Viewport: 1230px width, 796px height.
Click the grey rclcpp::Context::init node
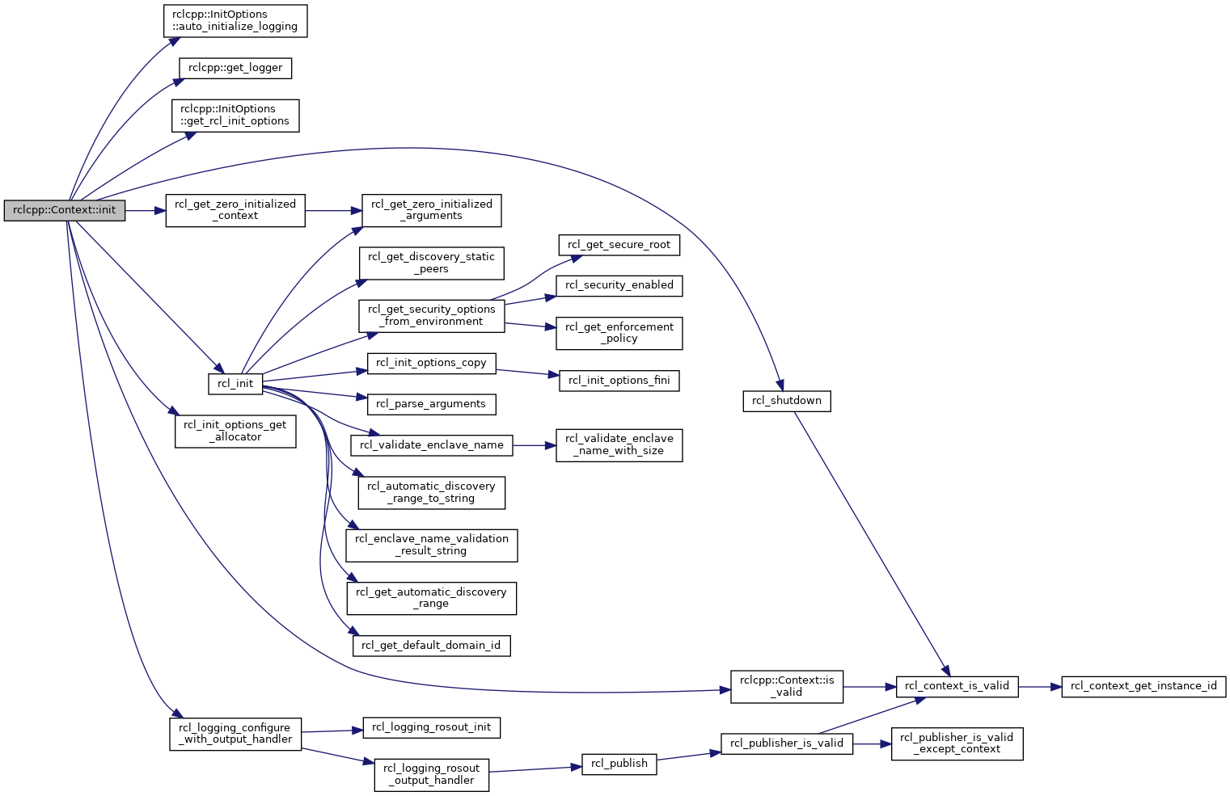pos(64,211)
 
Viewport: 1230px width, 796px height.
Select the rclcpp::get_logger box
pos(235,68)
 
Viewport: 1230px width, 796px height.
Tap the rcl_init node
pos(235,384)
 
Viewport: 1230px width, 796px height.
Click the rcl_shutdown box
pos(786,401)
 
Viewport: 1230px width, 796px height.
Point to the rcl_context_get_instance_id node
pos(1143,686)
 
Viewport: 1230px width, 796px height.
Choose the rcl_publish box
pos(619,764)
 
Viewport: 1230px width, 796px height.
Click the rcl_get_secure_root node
pos(619,245)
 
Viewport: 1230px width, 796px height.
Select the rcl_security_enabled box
pos(619,286)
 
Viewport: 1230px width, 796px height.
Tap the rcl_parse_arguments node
pos(431,404)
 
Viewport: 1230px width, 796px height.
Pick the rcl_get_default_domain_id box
pos(431,646)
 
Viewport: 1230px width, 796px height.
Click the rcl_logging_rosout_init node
pos(431,727)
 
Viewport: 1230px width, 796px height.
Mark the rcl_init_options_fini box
pos(619,381)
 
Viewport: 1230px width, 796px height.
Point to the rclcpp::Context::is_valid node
pos(786,686)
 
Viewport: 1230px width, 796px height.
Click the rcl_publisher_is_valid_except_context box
pos(957,744)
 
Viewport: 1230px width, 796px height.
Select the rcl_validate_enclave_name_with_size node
pos(619,445)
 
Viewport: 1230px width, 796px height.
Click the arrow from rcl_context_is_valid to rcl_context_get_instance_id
pos(1039,686)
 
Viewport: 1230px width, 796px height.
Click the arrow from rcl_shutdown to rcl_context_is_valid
pos(872,543)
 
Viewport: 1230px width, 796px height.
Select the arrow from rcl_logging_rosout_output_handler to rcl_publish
pos(535,769)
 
